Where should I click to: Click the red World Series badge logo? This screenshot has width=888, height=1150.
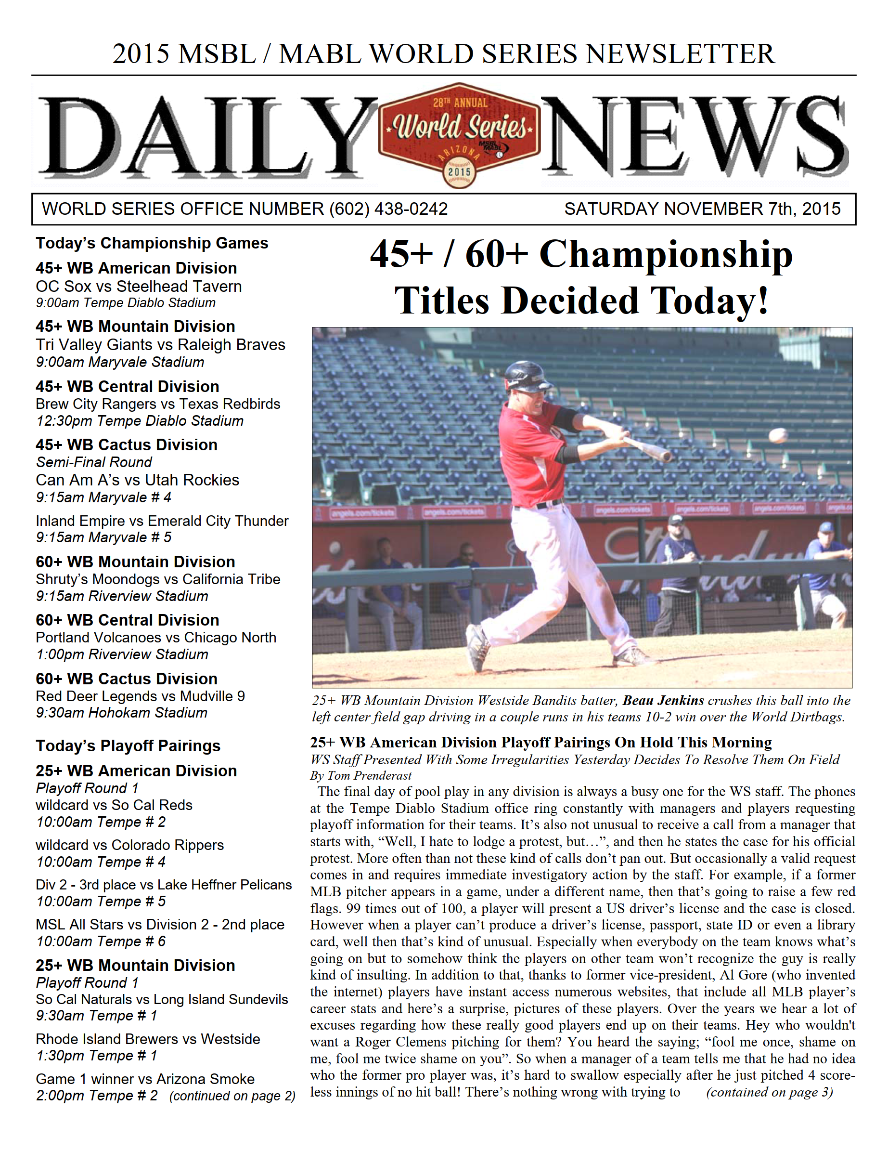(x=459, y=134)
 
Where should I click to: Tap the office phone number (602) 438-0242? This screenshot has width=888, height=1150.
(x=388, y=209)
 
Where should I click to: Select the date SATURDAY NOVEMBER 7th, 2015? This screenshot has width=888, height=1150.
(x=702, y=209)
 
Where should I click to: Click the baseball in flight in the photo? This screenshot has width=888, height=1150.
(x=777, y=435)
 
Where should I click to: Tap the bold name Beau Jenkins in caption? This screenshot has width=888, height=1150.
(x=663, y=700)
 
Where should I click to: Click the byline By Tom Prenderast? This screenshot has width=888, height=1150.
(x=360, y=776)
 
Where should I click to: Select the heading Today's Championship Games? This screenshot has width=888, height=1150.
(x=152, y=243)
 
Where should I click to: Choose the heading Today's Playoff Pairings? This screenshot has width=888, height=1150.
(x=128, y=746)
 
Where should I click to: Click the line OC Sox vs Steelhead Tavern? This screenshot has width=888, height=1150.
(x=139, y=287)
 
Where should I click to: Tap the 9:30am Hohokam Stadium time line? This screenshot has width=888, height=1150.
(x=122, y=713)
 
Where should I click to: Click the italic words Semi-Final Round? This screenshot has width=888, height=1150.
(x=94, y=462)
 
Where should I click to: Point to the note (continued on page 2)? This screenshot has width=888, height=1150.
(x=232, y=1096)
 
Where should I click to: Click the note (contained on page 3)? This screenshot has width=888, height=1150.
(x=769, y=1092)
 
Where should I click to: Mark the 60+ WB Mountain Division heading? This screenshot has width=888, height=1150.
(x=135, y=562)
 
